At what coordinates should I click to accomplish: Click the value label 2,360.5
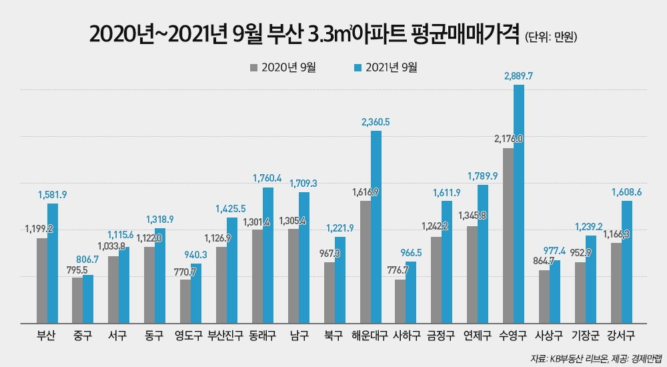click(x=375, y=122)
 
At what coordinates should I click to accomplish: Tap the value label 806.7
click(x=87, y=267)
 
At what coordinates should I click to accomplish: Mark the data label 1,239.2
click(x=590, y=227)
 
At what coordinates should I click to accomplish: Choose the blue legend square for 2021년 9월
click(x=358, y=67)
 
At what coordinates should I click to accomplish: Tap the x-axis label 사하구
click(x=405, y=336)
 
